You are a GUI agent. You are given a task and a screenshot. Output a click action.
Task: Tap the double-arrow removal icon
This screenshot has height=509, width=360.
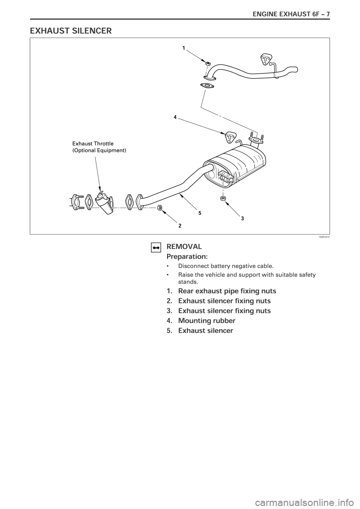tap(156, 247)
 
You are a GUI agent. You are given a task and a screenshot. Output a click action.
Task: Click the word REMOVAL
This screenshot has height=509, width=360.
tap(184, 247)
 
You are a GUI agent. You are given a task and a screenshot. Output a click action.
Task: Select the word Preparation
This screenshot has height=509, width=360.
tap(186, 257)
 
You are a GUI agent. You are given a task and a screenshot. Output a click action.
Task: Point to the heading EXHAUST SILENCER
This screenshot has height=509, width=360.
tap(71, 31)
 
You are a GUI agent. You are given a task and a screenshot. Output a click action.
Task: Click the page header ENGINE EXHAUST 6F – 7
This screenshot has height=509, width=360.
tap(293, 14)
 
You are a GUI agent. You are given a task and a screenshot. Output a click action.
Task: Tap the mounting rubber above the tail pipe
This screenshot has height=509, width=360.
tap(266, 59)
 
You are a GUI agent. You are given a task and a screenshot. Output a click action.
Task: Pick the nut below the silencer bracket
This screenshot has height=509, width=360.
tap(223, 197)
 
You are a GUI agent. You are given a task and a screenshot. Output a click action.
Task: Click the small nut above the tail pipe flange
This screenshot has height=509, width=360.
tap(207, 63)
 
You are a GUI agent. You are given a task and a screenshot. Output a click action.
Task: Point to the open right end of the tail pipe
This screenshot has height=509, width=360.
tap(296, 69)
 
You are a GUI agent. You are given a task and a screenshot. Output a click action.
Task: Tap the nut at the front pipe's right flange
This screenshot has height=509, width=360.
tap(160, 207)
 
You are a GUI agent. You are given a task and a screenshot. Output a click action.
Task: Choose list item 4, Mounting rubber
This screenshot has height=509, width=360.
tap(207, 321)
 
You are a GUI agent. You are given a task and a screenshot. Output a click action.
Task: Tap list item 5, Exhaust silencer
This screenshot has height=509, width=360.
tap(205, 331)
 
